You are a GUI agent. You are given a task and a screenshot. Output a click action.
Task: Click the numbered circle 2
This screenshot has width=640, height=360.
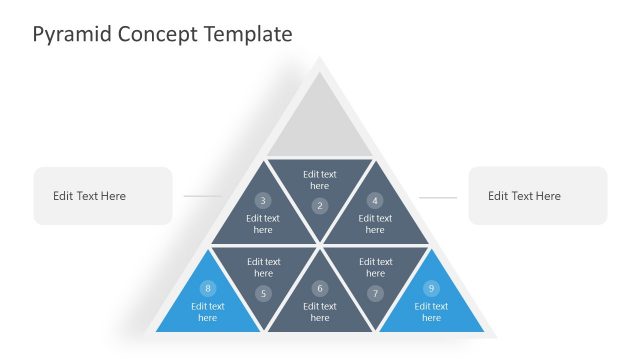coord(319,206)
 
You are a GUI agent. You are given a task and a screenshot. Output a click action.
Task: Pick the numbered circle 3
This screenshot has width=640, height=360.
coord(263,200)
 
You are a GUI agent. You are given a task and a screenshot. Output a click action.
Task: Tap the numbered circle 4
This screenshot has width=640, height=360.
coord(375,200)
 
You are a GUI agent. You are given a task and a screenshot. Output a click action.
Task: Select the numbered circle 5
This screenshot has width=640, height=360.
coord(263,293)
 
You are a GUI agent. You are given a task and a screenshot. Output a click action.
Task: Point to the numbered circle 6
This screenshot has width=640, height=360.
coord(319,289)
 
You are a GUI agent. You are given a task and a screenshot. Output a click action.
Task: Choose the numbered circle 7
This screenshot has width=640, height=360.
coord(375,293)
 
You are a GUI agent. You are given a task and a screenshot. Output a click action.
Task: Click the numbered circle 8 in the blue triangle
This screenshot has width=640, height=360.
coord(208,289)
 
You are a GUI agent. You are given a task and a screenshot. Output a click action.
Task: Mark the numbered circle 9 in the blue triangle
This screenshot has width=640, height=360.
coord(431,289)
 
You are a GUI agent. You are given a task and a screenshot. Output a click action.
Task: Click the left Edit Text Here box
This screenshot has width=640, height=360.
coord(103,196)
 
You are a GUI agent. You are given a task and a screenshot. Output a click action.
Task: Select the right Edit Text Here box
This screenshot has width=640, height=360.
coord(538,196)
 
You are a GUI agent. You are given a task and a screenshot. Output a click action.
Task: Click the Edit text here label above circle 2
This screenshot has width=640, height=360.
coord(319,180)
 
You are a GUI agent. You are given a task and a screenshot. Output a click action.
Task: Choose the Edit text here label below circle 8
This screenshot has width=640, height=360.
coord(208,312)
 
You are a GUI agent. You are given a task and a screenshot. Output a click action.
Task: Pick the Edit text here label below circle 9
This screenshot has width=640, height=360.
coord(431,312)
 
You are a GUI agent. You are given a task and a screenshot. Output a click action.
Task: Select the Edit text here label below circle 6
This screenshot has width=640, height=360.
coord(319,312)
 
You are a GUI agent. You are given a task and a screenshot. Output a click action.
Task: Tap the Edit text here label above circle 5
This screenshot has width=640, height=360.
coord(263,267)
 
